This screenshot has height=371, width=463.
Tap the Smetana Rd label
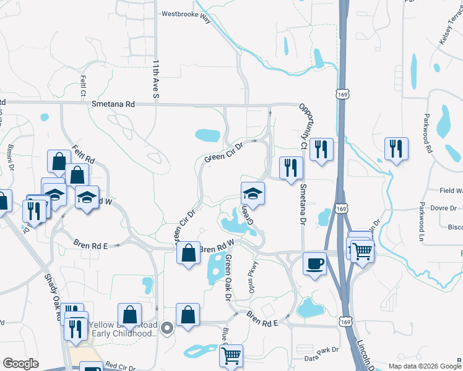[113, 105]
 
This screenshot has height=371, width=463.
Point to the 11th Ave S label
[156, 79]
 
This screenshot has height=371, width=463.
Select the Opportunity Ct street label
[303, 127]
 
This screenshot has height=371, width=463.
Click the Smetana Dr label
[303, 203]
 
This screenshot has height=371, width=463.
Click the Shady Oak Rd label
[53, 297]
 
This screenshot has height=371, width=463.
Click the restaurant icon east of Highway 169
[396, 148]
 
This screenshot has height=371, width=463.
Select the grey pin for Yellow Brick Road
[166, 328]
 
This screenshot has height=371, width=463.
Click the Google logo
[20, 364]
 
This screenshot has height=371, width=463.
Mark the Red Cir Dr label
[120, 367]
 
